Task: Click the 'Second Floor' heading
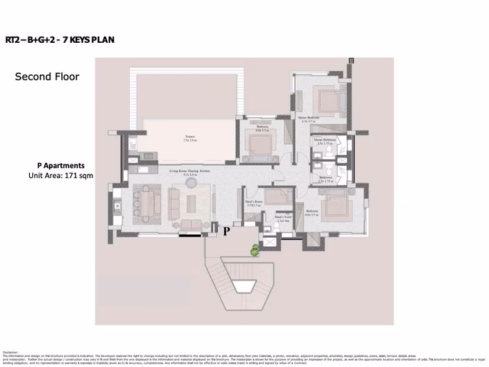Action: click(x=47, y=77)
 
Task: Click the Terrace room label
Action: click(x=189, y=139)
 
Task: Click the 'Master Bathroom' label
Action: click(x=325, y=141)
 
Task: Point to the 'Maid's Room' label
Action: click(x=254, y=203)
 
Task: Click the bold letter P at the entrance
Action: click(x=226, y=229)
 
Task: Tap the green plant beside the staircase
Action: click(x=254, y=248)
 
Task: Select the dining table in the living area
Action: click(x=144, y=202)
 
